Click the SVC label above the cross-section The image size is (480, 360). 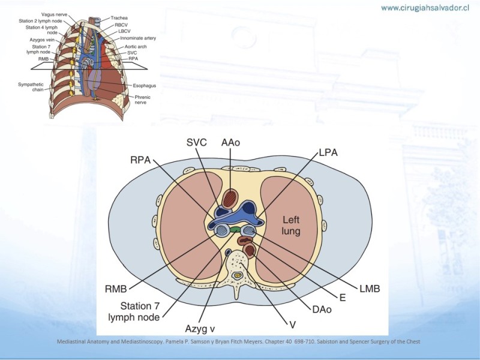pyautogui.click(x=197, y=142)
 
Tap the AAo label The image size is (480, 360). pyautogui.click(x=230, y=142)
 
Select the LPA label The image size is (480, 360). pyautogui.click(x=328, y=152)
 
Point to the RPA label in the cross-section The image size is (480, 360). pyautogui.click(x=140, y=160)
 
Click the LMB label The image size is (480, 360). pyautogui.click(x=370, y=289)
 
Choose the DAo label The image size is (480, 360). pyautogui.click(x=322, y=309)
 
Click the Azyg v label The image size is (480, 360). pyautogui.click(x=200, y=329)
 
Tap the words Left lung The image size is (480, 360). pyautogui.click(x=291, y=226)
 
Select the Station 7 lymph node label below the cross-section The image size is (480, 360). pyautogui.click(x=134, y=311)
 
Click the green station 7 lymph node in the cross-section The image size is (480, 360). pyautogui.click(x=235, y=229)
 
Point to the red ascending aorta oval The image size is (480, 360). pyautogui.click(x=230, y=199)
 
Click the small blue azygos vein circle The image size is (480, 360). pyautogui.click(x=228, y=252)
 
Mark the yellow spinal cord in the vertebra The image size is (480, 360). pyautogui.click(x=236, y=276)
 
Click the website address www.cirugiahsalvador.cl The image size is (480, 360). pyautogui.click(x=425, y=8)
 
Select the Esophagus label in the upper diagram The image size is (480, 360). pyautogui.click(x=144, y=86)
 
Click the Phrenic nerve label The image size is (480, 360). pyautogui.click(x=142, y=100)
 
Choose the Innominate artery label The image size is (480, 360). pyautogui.click(x=138, y=38)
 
